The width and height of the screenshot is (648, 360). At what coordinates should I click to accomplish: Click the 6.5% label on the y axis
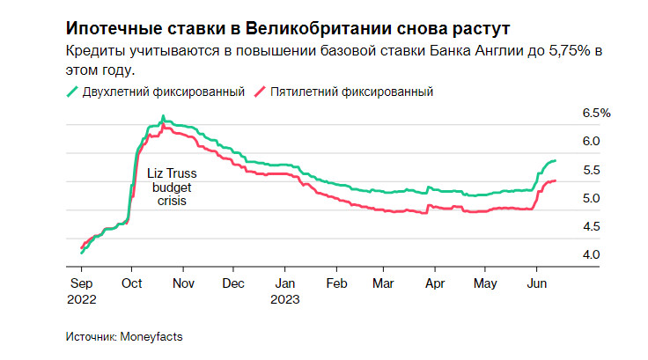tap(596, 114)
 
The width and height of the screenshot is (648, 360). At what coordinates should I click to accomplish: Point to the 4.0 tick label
tap(591, 254)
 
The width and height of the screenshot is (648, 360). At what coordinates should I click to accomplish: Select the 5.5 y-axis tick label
tap(591, 170)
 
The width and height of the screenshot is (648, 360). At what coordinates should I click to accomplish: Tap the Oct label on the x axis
tap(131, 283)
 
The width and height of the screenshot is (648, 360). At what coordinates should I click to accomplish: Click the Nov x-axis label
tap(183, 283)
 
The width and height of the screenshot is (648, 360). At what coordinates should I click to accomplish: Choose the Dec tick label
tap(233, 283)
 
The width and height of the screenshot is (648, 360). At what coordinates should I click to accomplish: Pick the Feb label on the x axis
tap(336, 283)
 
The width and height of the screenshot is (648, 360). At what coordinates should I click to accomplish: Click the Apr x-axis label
tap(433, 283)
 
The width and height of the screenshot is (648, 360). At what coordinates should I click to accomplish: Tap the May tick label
tap(486, 283)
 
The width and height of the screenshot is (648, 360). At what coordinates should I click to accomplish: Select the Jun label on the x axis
tap(534, 283)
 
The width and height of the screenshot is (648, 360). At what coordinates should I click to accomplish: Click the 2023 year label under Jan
tap(285, 298)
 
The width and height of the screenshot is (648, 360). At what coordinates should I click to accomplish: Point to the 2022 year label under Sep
tap(82, 298)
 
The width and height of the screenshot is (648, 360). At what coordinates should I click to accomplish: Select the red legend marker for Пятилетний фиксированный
tap(260, 92)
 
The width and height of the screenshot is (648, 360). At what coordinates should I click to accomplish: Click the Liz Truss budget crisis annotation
tap(173, 187)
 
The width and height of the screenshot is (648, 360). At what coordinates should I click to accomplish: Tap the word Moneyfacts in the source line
tap(152, 336)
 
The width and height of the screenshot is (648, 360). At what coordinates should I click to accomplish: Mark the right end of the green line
tap(556, 161)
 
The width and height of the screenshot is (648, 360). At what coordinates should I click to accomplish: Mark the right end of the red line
tap(556, 180)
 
